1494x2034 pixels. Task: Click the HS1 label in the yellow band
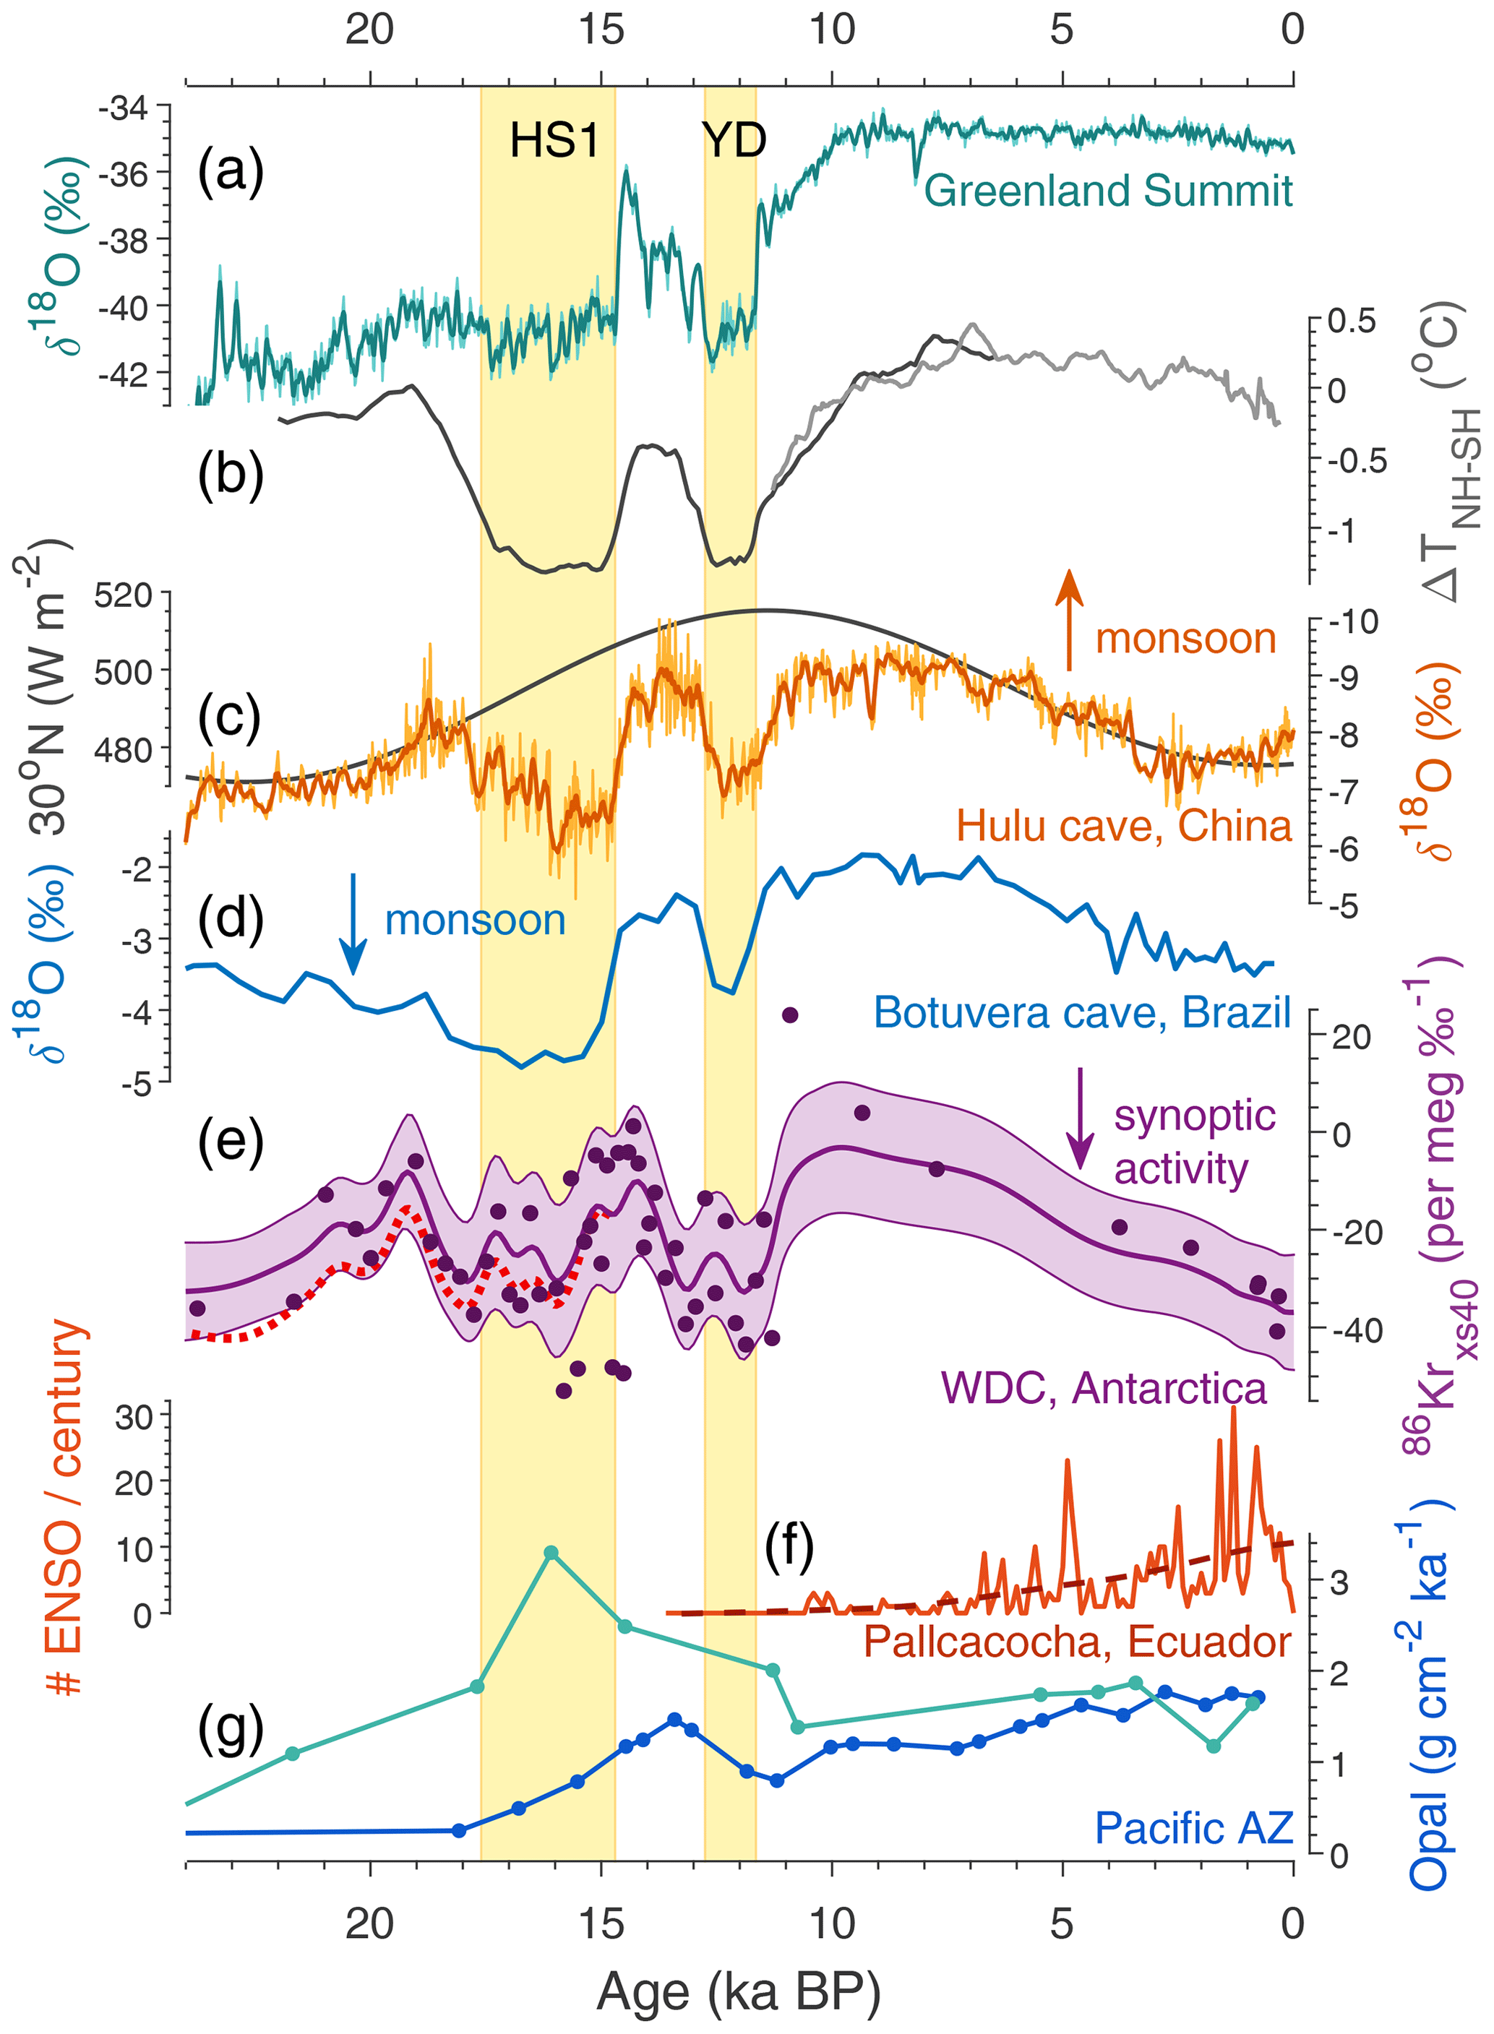point(554,140)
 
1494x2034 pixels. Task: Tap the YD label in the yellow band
point(734,140)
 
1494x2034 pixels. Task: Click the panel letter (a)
point(230,171)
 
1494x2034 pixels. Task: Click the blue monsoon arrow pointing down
point(353,924)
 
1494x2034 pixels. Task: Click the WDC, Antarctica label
point(1103,1387)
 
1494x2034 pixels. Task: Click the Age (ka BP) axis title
point(738,1991)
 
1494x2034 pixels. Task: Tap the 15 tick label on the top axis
point(601,30)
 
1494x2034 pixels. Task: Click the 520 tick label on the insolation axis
point(126,595)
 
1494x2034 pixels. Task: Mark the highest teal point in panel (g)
point(551,1553)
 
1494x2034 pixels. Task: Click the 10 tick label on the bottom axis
point(831,1921)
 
